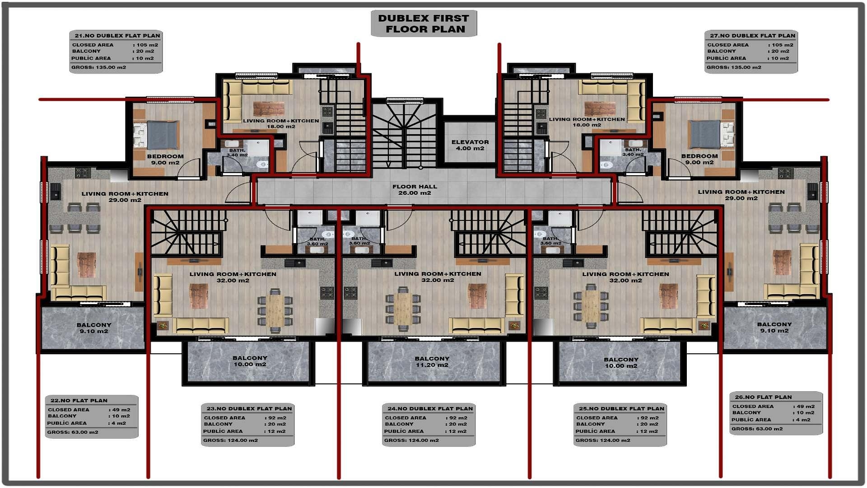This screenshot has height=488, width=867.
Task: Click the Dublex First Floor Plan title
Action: [x=424, y=23]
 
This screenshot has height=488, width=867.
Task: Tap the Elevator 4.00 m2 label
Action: [x=470, y=145]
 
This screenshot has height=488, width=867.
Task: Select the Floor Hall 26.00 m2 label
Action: [x=415, y=189]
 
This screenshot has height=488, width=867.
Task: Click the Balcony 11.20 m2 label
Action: [x=432, y=361]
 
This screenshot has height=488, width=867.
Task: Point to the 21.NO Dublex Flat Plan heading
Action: [x=117, y=36]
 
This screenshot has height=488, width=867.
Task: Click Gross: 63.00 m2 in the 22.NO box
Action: [x=73, y=432]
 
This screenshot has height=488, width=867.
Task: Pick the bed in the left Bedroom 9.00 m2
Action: [x=162, y=135]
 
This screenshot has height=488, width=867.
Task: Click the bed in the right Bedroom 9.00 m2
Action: [x=705, y=134]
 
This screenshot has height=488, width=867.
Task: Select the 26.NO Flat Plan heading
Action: [x=763, y=397]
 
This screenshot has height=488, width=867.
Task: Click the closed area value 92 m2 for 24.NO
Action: [x=459, y=418]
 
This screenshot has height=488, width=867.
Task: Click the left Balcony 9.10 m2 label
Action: [x=93, y=328]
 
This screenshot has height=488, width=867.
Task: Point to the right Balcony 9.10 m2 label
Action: [x=774, y=328]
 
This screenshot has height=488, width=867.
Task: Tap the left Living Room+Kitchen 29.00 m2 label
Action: [x=125, y=197]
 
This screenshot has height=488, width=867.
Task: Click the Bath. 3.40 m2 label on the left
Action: [x=237, y=153]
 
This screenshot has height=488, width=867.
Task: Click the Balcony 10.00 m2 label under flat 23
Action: [x=250, y=361]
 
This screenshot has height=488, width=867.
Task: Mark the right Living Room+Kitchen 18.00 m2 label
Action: [x=587, y=122]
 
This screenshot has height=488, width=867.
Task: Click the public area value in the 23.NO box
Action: [x=276, y=432]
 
